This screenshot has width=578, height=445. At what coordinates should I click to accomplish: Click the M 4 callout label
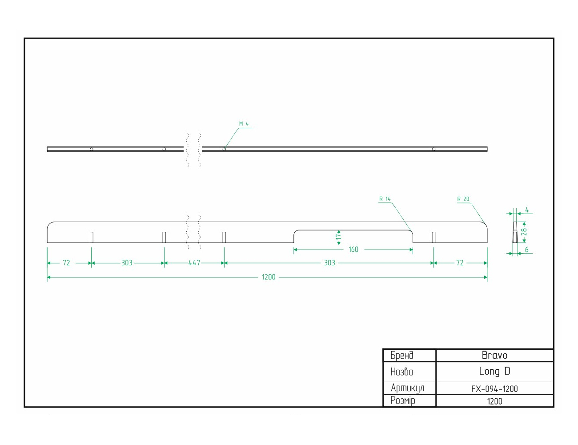click(244, 124)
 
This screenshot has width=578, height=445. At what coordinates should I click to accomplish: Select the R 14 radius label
click(385, 199)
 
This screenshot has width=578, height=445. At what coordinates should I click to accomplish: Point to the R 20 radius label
click(463, 199)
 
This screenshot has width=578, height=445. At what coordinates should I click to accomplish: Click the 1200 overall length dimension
click(269, 277)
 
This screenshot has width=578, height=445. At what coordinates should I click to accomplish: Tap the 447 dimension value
click(194, 263)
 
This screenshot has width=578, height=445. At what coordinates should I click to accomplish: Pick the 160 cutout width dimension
click(353, 249)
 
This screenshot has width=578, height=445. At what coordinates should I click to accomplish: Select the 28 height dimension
click(524, 232)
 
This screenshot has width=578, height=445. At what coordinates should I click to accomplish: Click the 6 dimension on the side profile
click(526, 250)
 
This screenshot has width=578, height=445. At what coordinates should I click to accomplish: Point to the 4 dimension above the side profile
click(527, 210)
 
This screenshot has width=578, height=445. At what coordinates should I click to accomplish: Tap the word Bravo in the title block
click(494, 355)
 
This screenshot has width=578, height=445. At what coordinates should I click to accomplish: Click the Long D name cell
click(494, 371)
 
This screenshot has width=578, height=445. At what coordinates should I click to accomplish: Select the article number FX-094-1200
click(494, 389)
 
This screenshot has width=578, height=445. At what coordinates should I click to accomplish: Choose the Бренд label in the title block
click(401, 355)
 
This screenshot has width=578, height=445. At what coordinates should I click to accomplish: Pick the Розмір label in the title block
click(402, 400)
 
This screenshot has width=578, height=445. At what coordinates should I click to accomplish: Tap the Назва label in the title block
click(401, 372)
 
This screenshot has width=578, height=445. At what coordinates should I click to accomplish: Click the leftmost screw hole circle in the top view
click(92, 149)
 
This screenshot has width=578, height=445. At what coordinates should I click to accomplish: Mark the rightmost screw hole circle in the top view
click(433, 149)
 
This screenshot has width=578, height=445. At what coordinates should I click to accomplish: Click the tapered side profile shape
click(515, 232)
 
